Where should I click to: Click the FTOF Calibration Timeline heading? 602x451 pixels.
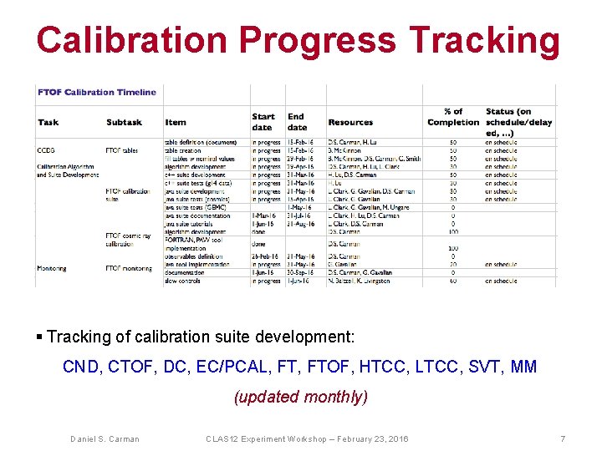[96, 92]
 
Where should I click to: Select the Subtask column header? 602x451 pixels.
[124, 123]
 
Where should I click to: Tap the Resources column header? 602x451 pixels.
[350, 123]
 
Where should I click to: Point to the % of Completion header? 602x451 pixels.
[453, 117]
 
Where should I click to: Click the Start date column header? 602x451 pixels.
[263, 122]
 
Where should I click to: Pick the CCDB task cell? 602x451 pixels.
[46, 150]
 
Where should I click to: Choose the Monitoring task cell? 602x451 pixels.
[51, 268]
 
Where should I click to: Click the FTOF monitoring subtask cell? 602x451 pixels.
[130, 268]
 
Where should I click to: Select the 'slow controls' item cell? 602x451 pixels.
[185, 281]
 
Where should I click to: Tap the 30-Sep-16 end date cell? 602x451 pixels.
[302, 272]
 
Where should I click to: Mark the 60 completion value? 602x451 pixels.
[453, 281]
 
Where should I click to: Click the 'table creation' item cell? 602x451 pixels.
[185, 150]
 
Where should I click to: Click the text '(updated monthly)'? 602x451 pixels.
[300, 397]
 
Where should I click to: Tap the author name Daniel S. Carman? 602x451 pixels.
[105, 438]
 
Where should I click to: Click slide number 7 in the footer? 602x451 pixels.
[564, 438]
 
